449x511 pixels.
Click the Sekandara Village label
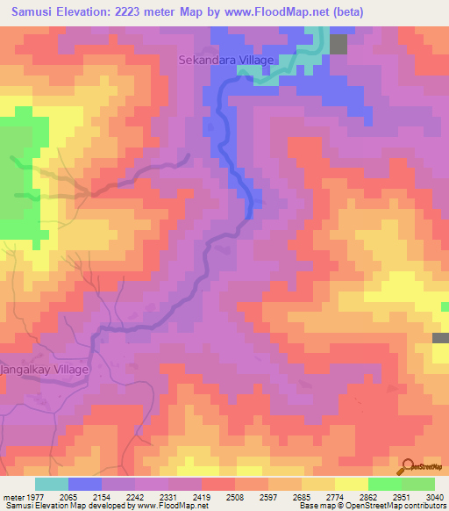(x=227, y=61)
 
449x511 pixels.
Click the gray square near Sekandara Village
(x=339, y=45)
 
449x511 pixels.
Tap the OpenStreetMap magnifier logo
(x=406, y=467)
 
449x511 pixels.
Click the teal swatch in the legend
(x=52, y=484)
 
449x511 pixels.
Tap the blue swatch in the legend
(x=85, y=484)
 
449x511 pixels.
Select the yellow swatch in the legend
(x=352, y=484)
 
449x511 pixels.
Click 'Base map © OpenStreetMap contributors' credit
(x=372, y=506)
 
